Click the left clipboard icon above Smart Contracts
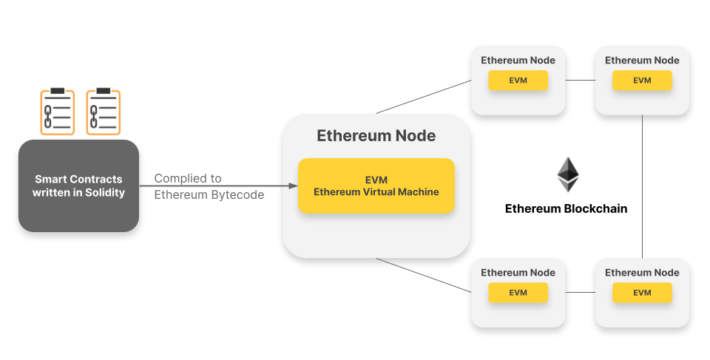click(x=57, y=112)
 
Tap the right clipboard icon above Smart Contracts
click(x=103, y=112)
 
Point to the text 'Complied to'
click(x=188, y=179)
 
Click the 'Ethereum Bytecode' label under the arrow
click(x=209, y=195)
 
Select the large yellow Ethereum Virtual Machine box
click(x=376, y=186)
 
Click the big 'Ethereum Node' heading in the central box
click(x=376, y=136)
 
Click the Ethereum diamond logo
click(x=567, y=174)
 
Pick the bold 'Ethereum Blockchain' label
click(x=566, y=208)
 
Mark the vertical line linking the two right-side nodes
click(x=642, y=185)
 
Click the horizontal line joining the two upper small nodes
click(x=580, y=80)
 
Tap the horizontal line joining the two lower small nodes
click(x=580, y=292)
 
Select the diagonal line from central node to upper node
click(x=423, y=98)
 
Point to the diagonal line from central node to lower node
click(x=423, y=275)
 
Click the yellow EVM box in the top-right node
click(x=642, y=81)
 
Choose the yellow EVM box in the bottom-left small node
click(x=518, y=293)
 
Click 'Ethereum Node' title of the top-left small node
click(x=518, y=60)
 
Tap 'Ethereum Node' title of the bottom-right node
click(x=642, y=273)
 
